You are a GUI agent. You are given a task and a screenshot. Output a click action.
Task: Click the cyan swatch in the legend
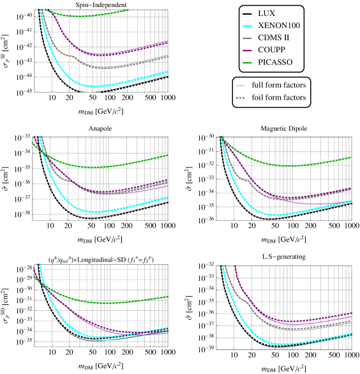(247, 27)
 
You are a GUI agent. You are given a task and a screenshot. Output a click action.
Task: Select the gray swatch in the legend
(247, 39)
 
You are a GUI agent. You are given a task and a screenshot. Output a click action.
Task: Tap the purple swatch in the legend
(247, 51)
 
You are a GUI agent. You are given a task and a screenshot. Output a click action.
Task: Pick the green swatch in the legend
(247, 63)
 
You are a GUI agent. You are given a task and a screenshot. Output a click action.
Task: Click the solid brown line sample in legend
(241, 86)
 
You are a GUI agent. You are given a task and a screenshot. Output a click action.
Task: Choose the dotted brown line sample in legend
(240, 98)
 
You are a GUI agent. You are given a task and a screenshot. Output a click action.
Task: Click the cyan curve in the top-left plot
(96, 86)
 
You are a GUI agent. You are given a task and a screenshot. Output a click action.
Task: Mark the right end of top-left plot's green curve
(128, 10)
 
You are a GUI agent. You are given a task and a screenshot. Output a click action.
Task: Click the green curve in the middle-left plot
(96, 168)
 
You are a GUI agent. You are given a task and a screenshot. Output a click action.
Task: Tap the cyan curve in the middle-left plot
(96, 211)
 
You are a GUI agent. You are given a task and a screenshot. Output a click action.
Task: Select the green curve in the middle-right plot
(287, 166)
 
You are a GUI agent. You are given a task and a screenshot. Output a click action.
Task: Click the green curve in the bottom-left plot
(109, 303)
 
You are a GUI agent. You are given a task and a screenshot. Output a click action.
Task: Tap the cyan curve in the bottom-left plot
(96, 338)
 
